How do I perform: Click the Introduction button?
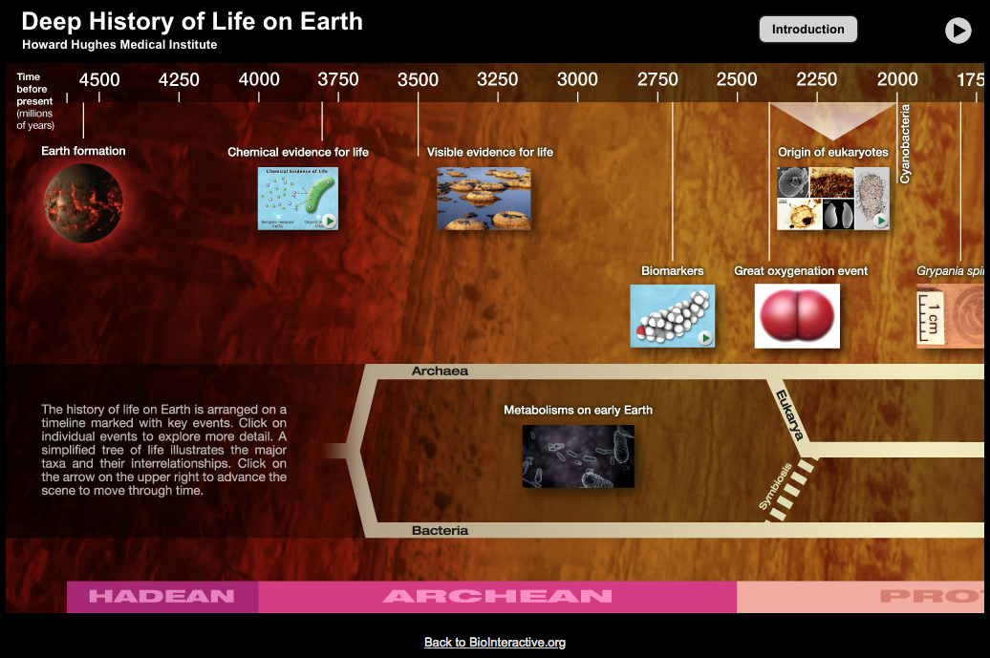tap(807, 30)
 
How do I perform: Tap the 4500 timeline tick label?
tap(99, 80)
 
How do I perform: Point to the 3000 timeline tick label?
tap(577, 80)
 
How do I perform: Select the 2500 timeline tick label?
tap(737, 80)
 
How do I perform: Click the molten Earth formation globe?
tap(83, 202)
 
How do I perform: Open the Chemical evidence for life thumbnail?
tap(297, 199)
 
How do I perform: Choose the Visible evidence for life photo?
tap(484, 199)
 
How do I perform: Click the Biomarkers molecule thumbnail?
tap(672, 316)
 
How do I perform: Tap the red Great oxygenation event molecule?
tap(797, 316)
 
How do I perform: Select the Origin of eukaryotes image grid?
tap(833, 199)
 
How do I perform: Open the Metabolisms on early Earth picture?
tap(578, 456)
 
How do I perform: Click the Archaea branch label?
tap(440, 371)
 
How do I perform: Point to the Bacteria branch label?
tap(440, 530)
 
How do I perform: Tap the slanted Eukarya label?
tap(789, 415)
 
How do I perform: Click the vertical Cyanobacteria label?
tap(905, 144)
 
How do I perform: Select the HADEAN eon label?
tap(161, 597)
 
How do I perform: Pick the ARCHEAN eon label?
tap(497, 597)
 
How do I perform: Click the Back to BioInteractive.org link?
tap(495, 643)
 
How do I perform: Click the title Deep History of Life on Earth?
tap(192, 22)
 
